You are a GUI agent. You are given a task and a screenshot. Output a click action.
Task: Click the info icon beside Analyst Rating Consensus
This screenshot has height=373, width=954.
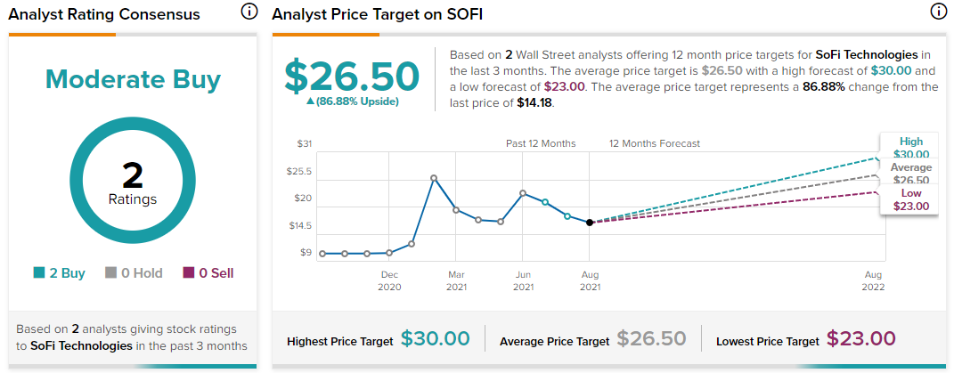pos(249,12)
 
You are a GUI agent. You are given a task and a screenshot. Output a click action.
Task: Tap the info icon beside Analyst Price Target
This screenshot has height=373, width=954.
pos(938,12)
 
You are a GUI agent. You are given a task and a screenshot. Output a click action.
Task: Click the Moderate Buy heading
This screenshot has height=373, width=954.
pos(133,80)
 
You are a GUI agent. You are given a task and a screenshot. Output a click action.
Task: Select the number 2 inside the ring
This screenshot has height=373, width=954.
pos(132,176)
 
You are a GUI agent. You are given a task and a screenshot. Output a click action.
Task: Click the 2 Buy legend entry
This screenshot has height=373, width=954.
pos(59,273)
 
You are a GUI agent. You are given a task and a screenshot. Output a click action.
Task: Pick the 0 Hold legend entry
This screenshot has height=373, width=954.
pos(134,273)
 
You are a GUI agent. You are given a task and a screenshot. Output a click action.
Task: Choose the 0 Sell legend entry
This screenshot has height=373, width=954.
pos(208,273)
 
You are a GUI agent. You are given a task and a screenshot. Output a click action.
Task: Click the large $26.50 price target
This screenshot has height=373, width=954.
pos(352,77)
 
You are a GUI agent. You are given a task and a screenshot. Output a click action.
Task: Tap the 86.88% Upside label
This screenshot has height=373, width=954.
pos(352,101)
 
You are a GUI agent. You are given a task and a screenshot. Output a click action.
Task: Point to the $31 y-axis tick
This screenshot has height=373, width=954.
pos(305,144)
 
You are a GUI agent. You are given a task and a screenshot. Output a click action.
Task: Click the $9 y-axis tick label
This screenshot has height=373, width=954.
pos(306,253)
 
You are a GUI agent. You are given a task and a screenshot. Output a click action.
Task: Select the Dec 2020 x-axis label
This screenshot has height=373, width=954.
pos(389,280)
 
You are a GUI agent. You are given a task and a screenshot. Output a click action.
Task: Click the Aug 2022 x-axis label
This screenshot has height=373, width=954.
pos(873,280)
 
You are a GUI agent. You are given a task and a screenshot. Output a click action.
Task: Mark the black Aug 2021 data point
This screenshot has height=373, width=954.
pos(590,223)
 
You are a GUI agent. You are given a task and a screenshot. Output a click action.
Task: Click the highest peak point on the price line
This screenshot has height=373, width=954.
pos(434,178)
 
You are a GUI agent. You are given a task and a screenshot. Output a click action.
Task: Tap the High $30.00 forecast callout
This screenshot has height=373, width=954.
pos(911,148)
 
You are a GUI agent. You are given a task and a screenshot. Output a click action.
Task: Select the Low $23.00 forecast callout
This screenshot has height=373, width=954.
pos(911,199)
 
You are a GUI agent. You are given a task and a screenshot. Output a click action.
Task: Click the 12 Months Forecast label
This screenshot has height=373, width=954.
pos(655,143)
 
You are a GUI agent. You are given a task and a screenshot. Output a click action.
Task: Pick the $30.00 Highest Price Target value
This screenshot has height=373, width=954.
pos(435,339)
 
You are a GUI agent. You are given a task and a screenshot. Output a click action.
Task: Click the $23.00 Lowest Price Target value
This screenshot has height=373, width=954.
pos(860,339)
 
